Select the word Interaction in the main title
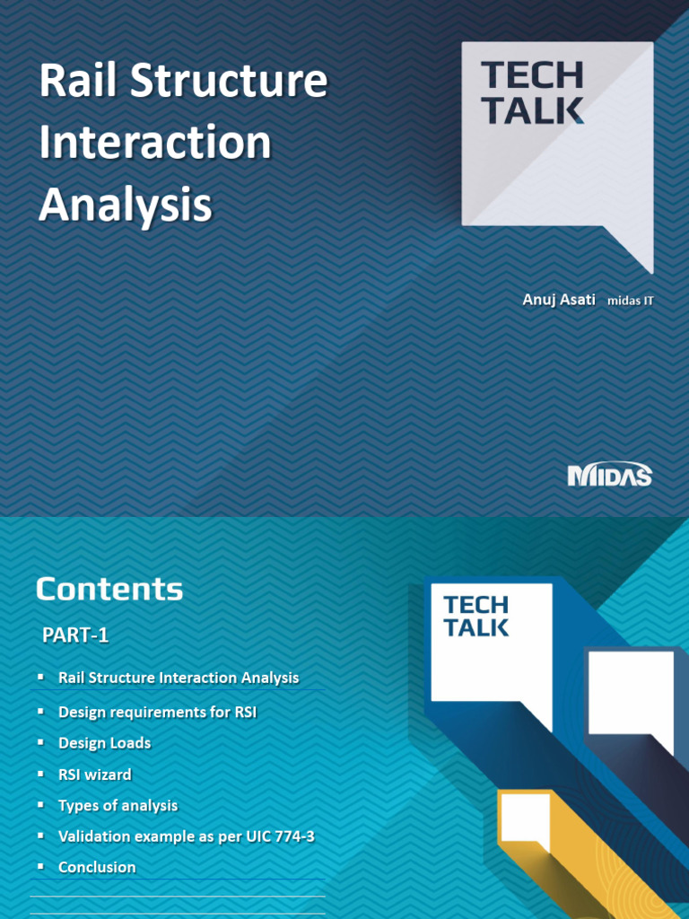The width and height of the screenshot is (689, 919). (154, 144)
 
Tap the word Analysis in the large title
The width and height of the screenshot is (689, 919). (125, 205)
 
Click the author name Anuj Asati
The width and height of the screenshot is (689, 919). (558, 299)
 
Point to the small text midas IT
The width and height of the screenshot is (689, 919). (630, 301)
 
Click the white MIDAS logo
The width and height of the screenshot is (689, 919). (609, 475)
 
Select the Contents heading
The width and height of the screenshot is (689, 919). (109, 590)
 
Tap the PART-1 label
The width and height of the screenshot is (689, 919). (76, 635)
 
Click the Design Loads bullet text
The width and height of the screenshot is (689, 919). (104, 743)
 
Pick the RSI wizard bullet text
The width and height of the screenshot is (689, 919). (94, 774)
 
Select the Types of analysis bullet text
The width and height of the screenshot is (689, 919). (118, 805)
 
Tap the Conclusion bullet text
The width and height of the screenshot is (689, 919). (97, 867)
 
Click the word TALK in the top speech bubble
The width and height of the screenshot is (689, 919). (532, 109)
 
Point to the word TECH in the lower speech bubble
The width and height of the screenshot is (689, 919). (475, 605)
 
